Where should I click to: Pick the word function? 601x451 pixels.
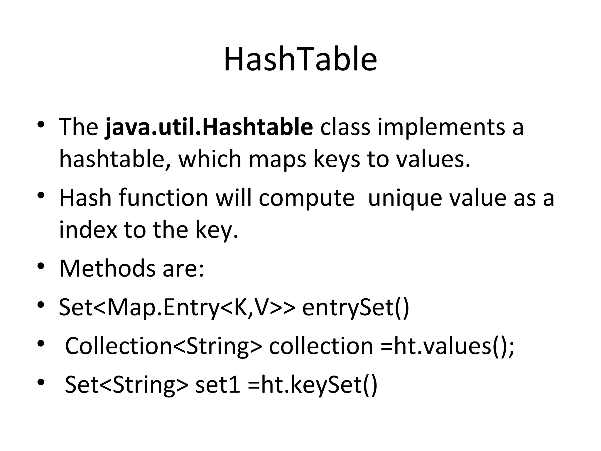(x=163, y=198)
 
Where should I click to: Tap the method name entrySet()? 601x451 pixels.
(x=355, y=307)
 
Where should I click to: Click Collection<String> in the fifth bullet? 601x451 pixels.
(x=163, y=346)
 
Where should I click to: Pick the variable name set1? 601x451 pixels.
(x=217, y=385)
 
